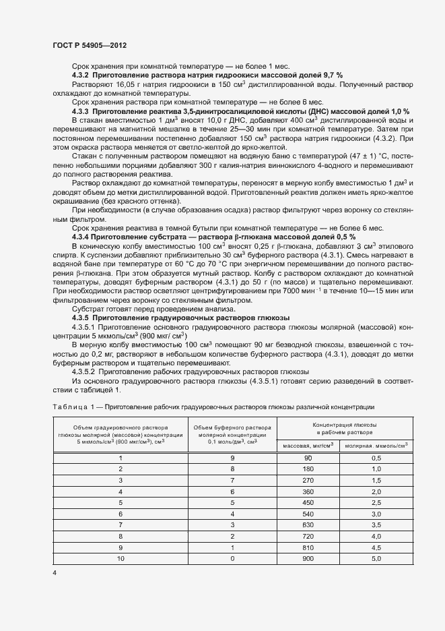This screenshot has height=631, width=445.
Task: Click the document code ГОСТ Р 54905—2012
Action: coord(90,44)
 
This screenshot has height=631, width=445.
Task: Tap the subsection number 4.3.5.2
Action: coord(84,371)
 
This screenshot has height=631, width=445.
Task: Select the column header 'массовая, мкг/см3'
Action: coord(310,446)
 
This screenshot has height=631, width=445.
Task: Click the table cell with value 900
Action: coord(310,559)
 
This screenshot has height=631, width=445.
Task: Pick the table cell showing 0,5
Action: coord(376,458)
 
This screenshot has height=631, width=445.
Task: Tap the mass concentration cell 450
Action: coord(310,502)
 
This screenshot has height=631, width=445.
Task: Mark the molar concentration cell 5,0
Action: coord(376,559)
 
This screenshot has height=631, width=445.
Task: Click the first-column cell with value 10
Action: coord(121,559)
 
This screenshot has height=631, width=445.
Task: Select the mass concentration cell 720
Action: coord(310,536)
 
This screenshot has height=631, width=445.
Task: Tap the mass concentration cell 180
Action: coord(310,469)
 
